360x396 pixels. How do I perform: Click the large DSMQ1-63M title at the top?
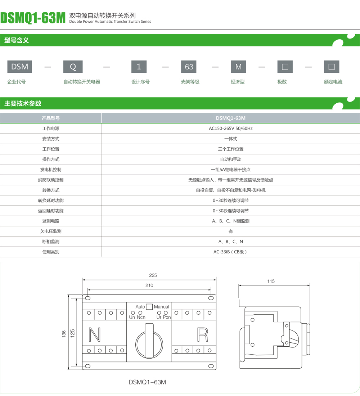click(33, 18)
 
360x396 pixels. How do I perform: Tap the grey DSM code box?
click(20, 67)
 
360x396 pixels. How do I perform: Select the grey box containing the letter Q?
click(73, 67)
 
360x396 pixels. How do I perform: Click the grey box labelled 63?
click(189, 67)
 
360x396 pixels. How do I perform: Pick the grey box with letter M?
click(238, 67)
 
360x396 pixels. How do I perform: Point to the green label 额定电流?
click(333, 82)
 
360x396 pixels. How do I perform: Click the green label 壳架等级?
click(190, 82)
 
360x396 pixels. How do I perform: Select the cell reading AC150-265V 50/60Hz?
click(231, 129)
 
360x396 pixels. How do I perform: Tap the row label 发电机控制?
click(51, 170)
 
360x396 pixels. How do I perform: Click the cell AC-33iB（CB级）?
click(230, 252)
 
